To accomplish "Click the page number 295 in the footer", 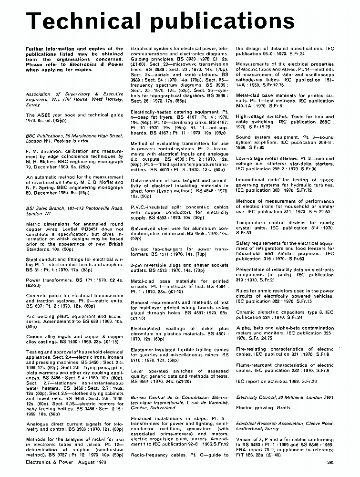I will (330, 473).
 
